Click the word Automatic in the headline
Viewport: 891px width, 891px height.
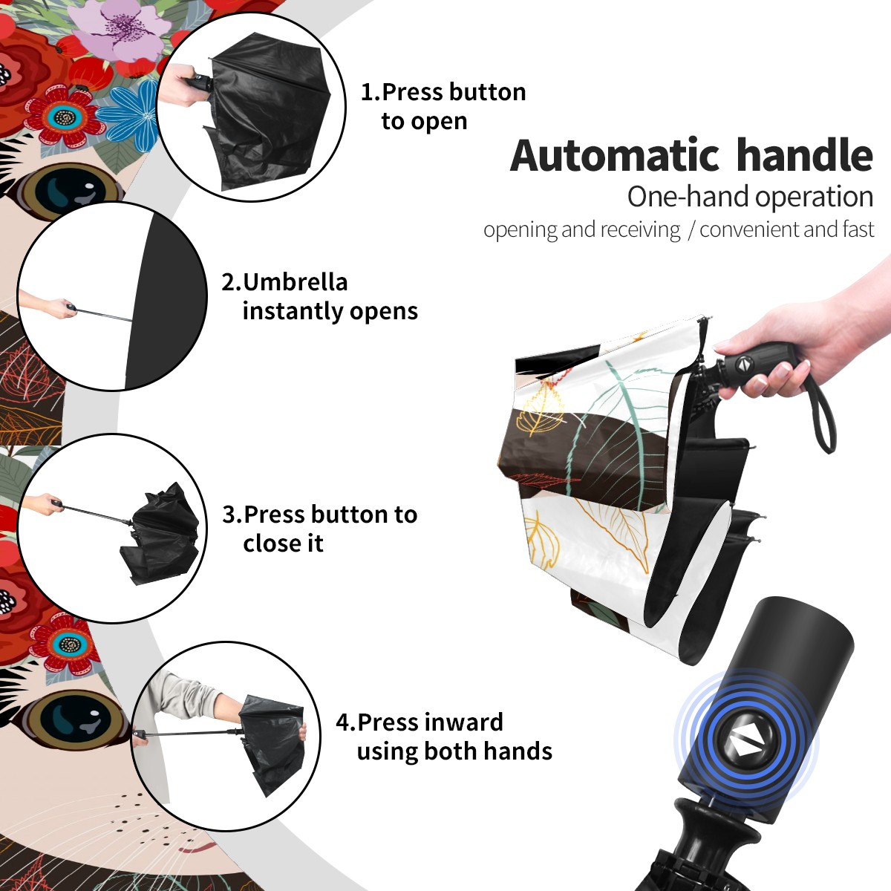pyautogui.click(x=615, y=156)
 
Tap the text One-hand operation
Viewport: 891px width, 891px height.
pyautogui.click(x=750, y=198)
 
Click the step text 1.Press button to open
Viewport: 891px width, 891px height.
pyautogui.click(x=443, y=106)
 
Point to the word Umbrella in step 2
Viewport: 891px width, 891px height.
pyautogui.click(x=295, y=282)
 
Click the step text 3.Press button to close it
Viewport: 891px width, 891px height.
pyautogui.click(x=319, y=528)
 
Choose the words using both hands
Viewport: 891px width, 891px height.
pyautogui.click(x=454, y=751)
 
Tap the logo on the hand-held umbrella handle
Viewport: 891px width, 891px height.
pyautogui.click(x=743, y=363)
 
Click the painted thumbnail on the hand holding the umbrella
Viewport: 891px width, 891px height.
pyautogui.click(x=784, y=370)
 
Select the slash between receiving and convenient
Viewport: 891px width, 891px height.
pyautogui.click(x=691, y=230)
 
